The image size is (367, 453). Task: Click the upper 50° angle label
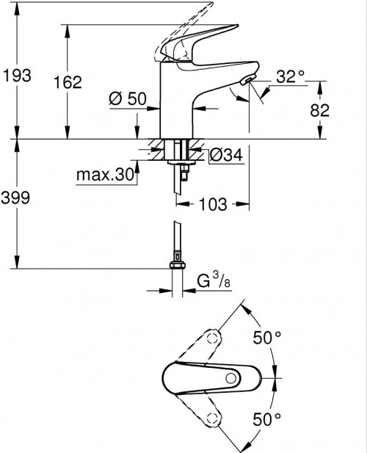pos(267,338)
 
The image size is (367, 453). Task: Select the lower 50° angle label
pos(267,419)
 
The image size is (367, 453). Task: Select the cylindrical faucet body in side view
pos(177,103)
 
